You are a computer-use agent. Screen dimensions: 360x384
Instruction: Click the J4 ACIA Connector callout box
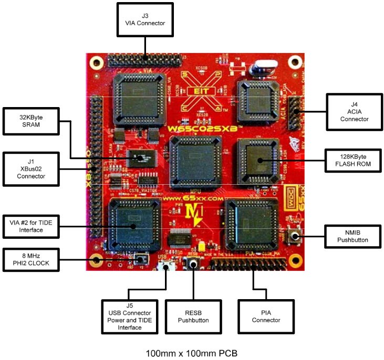pyautogui.click(x=354, y=112)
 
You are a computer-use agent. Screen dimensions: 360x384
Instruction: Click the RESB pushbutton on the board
pyautogui.click(x=194, y=265)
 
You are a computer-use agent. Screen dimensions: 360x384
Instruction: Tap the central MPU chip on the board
pyautogui.click(x=193, y=160)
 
